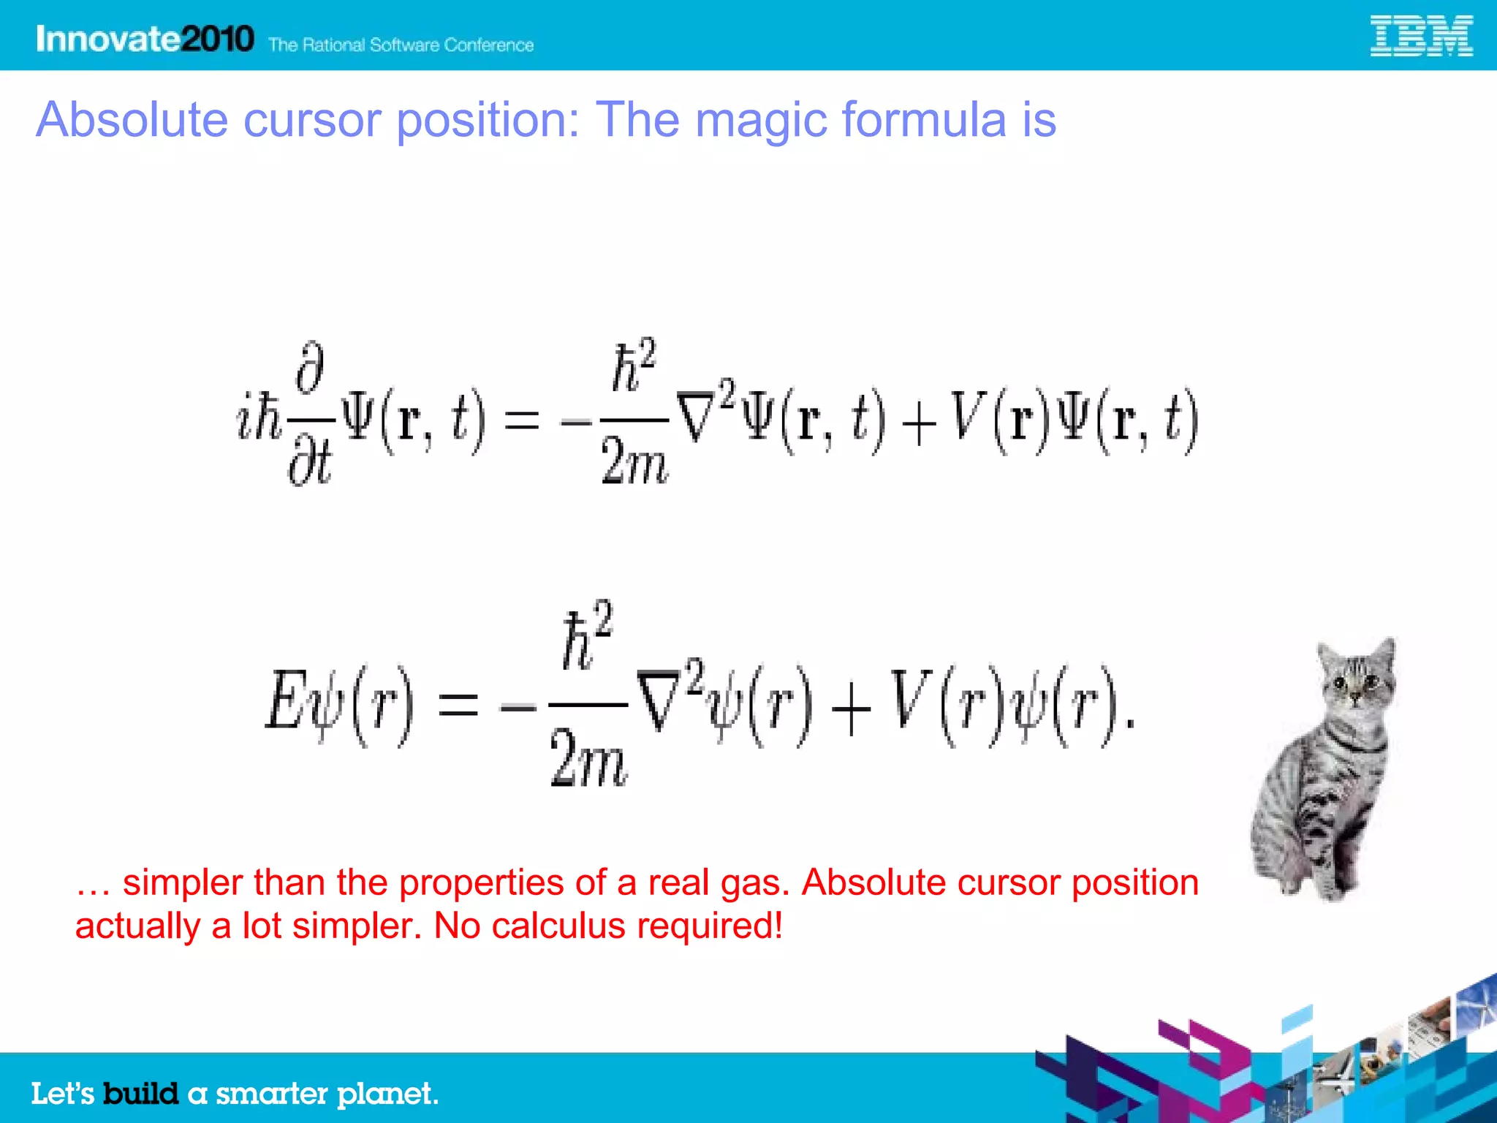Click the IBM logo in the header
pyautogui.click(x=1420, y=37)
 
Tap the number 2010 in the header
pyautogui.click(x=217, y=39)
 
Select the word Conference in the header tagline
pyautogui.click(x=488, y=45)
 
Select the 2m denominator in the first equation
pyautogui.click(x=634, y=462)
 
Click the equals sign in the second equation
pyautogui.click(x=458, y=706)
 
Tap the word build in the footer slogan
pyautogui.click(x=140, y=1094)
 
